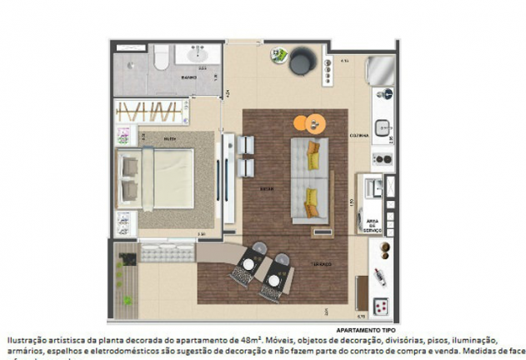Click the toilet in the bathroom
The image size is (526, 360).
point(162,57)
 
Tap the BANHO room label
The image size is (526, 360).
point(188,77)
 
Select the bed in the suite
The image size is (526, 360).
point(163,177)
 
